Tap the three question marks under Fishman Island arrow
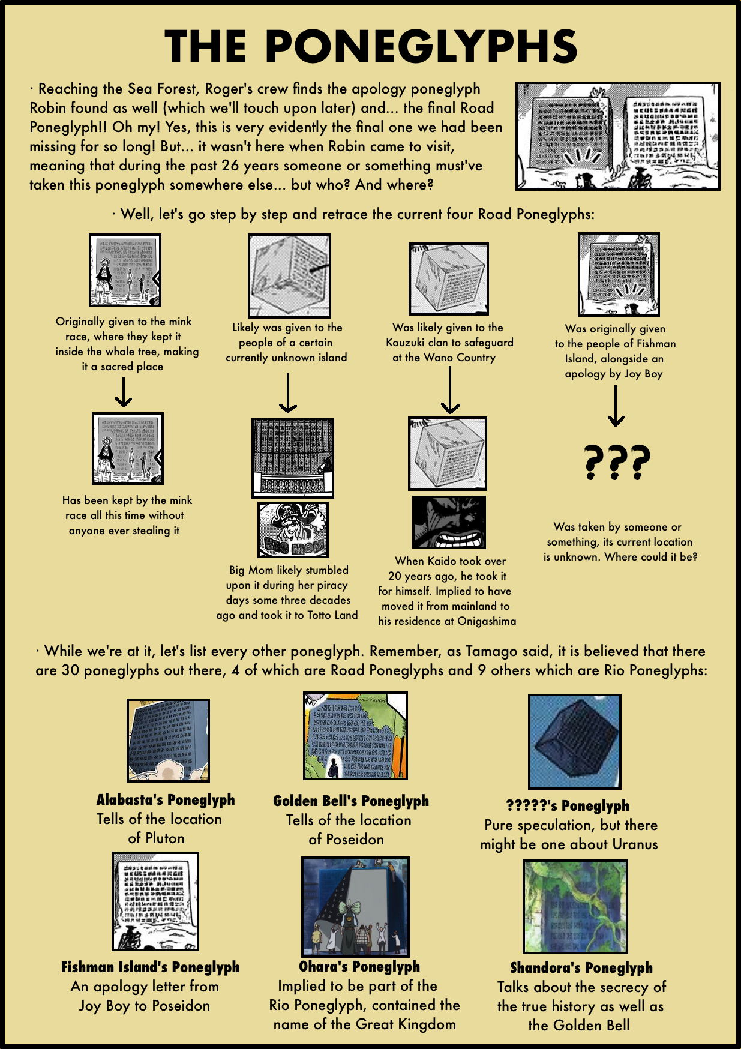617,462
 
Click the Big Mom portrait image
293,529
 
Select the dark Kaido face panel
449,521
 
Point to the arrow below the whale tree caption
124,392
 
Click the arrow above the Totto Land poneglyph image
288,392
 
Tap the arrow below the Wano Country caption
450,389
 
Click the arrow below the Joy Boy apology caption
616,406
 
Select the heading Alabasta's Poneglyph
166,799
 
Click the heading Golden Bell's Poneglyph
351,801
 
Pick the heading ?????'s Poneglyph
568,805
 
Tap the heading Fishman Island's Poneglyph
150,967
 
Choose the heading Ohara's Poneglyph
359,966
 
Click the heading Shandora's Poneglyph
581,967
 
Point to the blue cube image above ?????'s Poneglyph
575,742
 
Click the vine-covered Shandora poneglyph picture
575,907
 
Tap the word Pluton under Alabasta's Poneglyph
164,838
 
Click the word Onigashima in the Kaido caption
487,621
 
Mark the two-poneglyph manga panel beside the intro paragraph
618,136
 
